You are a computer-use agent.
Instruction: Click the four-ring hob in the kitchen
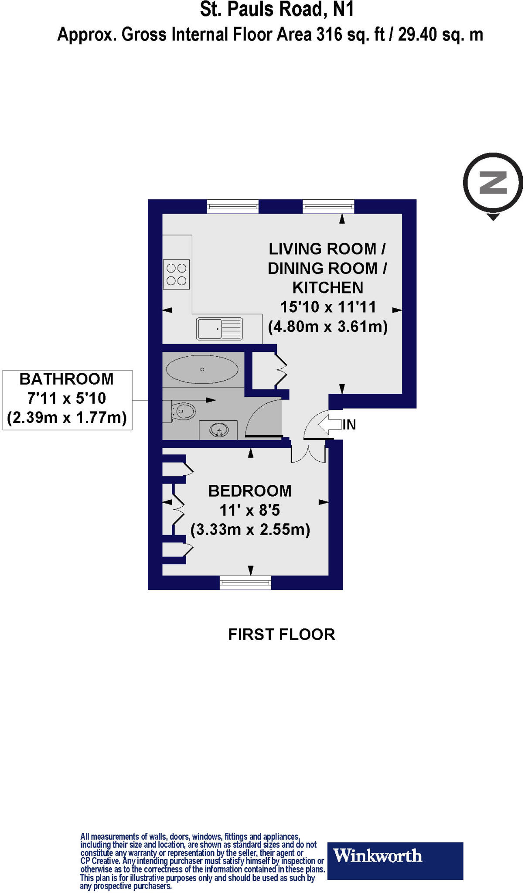pos(177,275)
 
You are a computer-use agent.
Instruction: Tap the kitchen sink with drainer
pos(219,329)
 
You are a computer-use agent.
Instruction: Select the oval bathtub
pos(202,370)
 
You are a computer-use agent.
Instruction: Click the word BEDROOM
pos(250,491)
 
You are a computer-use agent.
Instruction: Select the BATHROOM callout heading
pos(67,379)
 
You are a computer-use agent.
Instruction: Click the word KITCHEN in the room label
pos(327,288)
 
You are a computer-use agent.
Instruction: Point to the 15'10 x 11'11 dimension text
pos(327,307)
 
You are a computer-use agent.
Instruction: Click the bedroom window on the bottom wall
pos(245,583)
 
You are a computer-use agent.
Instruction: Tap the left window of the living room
pos(233,206)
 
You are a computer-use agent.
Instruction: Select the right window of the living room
pos(328,206)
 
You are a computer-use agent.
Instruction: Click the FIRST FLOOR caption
pos(282,635)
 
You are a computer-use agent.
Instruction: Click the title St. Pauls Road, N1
pos(277,10)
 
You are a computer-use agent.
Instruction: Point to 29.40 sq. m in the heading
pos(440,35)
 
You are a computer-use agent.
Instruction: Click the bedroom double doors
pos(308,453)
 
